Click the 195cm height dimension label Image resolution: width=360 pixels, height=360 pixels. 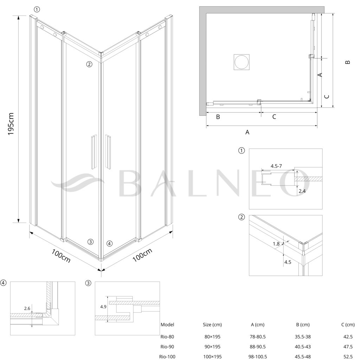click(11, 124)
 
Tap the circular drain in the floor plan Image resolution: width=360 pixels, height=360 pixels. click(241, 62)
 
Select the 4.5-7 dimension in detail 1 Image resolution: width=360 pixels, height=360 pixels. click(276, 166)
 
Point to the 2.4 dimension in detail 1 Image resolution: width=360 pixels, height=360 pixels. click(302, 191)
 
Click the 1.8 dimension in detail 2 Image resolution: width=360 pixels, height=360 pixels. click(276, 244)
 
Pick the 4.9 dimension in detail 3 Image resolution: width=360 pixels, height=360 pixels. click(103, 307)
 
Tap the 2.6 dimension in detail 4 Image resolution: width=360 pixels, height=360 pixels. click(27, 308)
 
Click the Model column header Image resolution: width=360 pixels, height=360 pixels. click(167, 324)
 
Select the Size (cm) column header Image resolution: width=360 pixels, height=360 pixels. click(212, 324)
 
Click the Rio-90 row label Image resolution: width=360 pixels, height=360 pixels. click(167, 347)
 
